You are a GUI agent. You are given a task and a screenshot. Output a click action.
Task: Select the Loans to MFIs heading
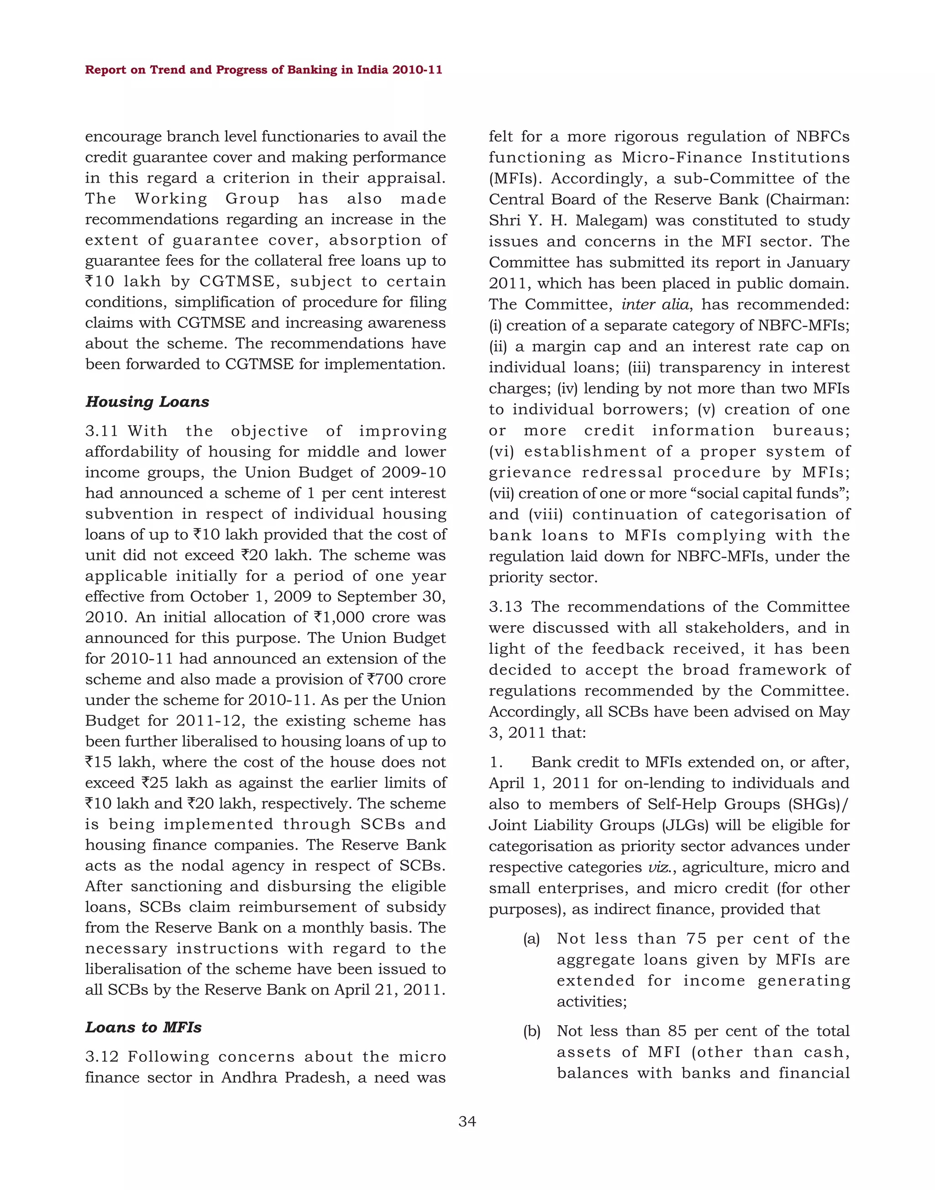(x=143, y=1027)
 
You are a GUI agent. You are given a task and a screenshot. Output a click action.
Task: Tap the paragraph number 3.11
(x=101, y=432)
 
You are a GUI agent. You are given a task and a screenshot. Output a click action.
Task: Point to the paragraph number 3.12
(x=101, y=1057)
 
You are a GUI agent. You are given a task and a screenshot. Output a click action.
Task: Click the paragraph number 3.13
(x=505, y=607)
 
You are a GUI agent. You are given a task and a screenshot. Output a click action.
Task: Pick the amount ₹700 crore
(x=406, y=679)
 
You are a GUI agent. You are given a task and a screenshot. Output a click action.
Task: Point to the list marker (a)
(x=531, y=939)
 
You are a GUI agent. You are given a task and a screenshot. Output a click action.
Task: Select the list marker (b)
(x=531, y=1031)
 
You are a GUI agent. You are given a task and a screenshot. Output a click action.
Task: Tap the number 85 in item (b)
(x=677, y=1031)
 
